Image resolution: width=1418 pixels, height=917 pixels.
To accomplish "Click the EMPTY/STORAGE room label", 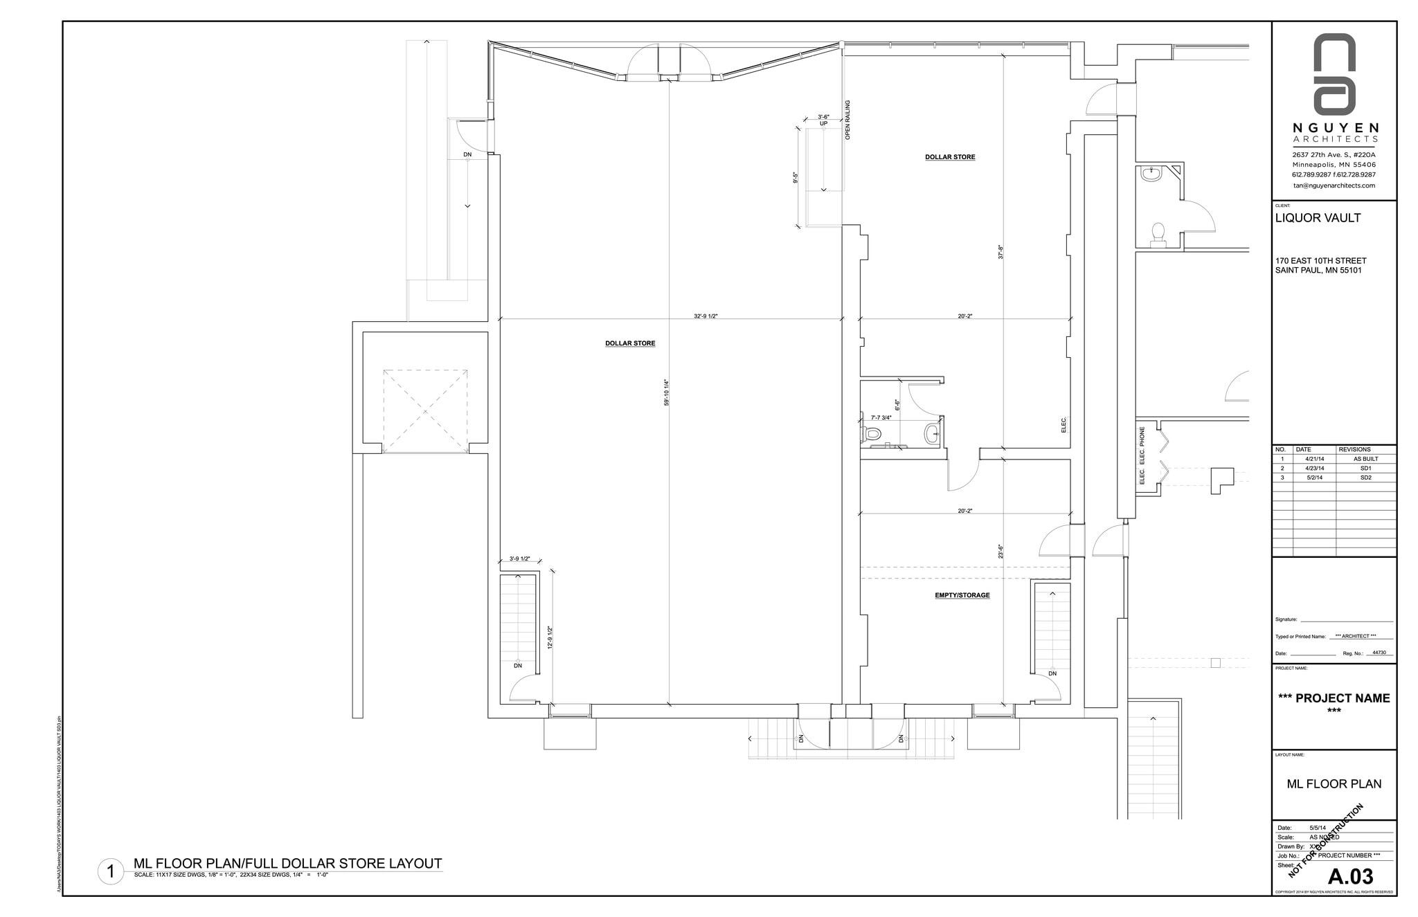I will click(x=962, y=595).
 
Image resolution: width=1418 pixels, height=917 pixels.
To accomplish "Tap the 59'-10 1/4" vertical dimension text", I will click(x=666, y=392).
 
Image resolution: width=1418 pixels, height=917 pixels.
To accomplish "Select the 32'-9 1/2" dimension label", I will click(x=706, y=316).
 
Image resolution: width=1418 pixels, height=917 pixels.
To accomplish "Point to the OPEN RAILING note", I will click(x=847, y=120).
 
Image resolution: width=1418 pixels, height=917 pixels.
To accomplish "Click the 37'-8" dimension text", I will click(x=1000, y=252).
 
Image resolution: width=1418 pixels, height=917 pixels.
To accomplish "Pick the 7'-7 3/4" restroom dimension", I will click(x=881, y=417).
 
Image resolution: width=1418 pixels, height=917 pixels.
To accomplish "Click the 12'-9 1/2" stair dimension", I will click(x=550, y=637).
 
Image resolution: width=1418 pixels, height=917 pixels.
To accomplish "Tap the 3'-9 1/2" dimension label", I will click(x=519, y=559).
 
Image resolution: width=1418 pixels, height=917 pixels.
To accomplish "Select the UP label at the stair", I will click(x=823, y=123).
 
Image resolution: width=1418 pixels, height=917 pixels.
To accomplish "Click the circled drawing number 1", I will click(x=110, y=871).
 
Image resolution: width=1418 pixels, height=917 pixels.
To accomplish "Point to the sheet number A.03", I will click(x=1350, y=876).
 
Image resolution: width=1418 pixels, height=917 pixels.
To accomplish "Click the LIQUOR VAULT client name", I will click(x=1318, y=218).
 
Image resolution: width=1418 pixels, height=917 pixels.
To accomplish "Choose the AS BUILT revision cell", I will click(x=1365, y=459).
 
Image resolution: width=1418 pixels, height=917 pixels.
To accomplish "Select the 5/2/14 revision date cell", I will click(x=1313, y=478).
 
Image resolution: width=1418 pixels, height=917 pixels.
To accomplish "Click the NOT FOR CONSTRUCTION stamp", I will click(x=1325, y=851).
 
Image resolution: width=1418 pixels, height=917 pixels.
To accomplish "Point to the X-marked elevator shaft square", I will click(x=425, y=412).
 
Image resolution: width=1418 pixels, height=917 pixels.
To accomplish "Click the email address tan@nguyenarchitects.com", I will click(x=1334, y=185).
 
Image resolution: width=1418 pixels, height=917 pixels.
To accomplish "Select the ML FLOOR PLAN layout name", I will click(x=1334, y=784).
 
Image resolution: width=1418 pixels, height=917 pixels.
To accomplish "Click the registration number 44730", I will click(x=1379, y=653).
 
